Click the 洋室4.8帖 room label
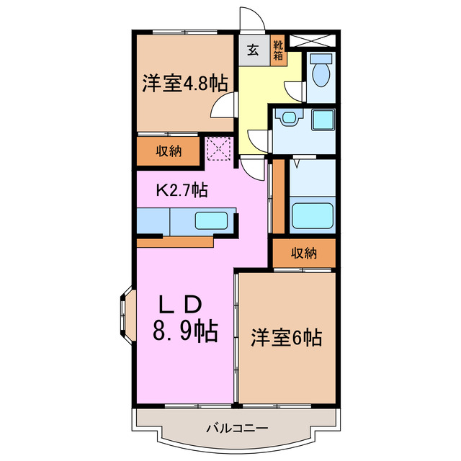point(184,83)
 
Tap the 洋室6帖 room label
point(286,336)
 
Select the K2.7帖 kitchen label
point(183,190)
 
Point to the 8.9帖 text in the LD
point(184,332)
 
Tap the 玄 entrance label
point(254,50)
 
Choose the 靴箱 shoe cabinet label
point(279,50)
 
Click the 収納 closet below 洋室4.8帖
point(169,151)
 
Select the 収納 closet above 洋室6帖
point(304,253)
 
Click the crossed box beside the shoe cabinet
point(320,40)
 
